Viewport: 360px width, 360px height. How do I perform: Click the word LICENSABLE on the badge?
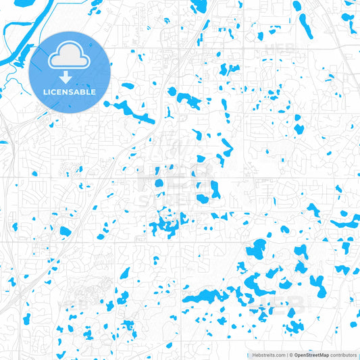70,92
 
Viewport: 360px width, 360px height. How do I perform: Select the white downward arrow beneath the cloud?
70,76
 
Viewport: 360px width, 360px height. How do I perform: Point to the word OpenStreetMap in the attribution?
311,355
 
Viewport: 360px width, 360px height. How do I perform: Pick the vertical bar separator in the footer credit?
285,355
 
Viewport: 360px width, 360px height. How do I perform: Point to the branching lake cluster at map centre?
165,225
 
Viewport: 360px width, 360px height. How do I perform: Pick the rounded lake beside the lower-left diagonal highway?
66,231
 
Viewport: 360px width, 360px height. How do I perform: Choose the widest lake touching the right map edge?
346,221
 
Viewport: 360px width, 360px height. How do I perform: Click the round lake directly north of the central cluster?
159,183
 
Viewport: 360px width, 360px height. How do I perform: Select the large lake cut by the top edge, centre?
199,7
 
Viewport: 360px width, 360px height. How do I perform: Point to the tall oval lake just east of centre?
215,190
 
